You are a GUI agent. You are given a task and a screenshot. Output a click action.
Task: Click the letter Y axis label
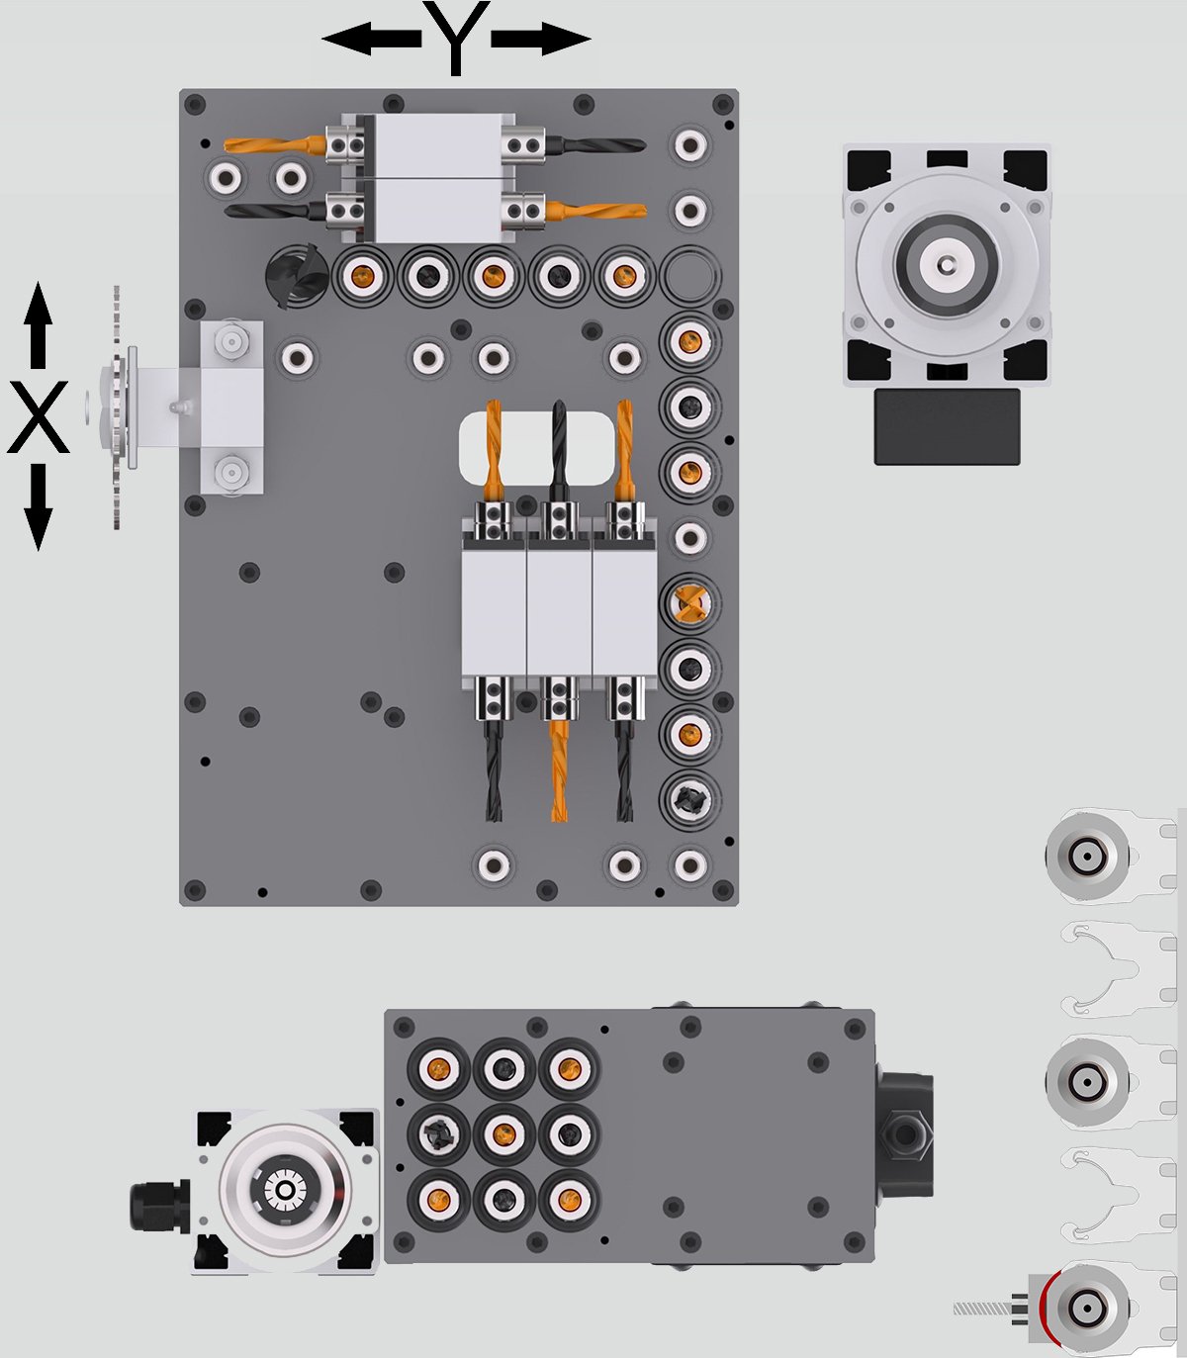[455, 37]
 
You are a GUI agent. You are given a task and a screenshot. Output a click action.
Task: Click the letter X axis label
[39, 416]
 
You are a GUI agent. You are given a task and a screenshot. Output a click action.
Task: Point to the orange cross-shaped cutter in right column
[689, 602]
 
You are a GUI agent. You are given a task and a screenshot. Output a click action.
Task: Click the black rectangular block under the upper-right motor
[947, 426]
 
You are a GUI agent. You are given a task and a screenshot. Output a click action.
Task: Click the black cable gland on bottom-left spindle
[157, 1206]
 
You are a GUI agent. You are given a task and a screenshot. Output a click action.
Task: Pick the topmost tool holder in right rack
[1087, 855]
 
